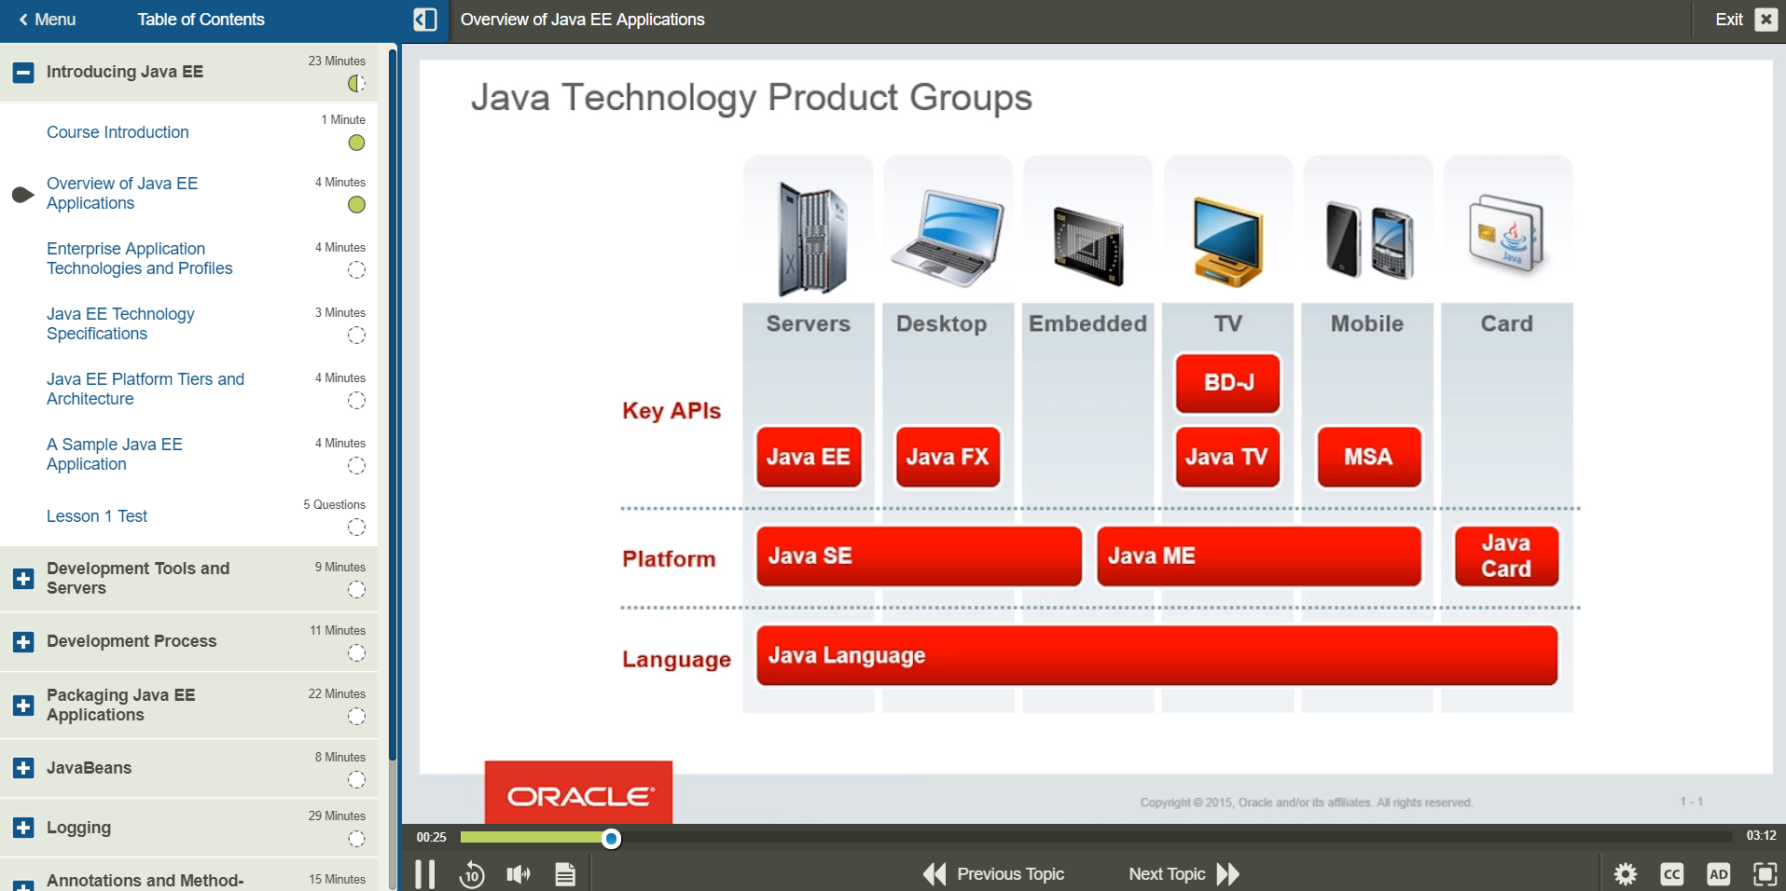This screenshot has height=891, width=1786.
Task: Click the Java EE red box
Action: (x=808, y=457)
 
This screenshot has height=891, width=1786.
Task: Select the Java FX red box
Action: (x=947, y=457)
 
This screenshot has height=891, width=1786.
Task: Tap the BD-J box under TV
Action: (x=1227, y=382)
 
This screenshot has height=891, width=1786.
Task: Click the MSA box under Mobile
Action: (x=1368, y=457)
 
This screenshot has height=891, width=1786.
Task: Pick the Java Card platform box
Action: (x=1505, y=556)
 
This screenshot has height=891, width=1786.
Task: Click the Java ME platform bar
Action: (x=1258, y=556)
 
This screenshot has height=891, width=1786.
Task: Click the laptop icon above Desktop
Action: (x=947, y=238)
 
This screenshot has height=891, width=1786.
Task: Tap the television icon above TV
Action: (x=1227, y=240)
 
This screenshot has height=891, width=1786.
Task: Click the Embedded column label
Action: (x=1087, y=323)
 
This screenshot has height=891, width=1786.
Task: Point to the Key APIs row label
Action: (x=671, y=411)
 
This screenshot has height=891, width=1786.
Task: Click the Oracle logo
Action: (x=578, y=795)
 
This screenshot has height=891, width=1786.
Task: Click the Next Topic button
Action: (x=1183, y=873)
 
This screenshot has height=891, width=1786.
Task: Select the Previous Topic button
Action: (x=994, y=873)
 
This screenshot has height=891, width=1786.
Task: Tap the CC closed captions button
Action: (x=1671, y=874)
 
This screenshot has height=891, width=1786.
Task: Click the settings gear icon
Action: (x=1625, y=874)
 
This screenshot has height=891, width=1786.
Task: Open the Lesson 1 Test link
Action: (x=97, y=516)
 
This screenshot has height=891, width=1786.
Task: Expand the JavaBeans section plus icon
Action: (x=24, y=768)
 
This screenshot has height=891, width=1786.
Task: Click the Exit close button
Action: (x=1765, y=20)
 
